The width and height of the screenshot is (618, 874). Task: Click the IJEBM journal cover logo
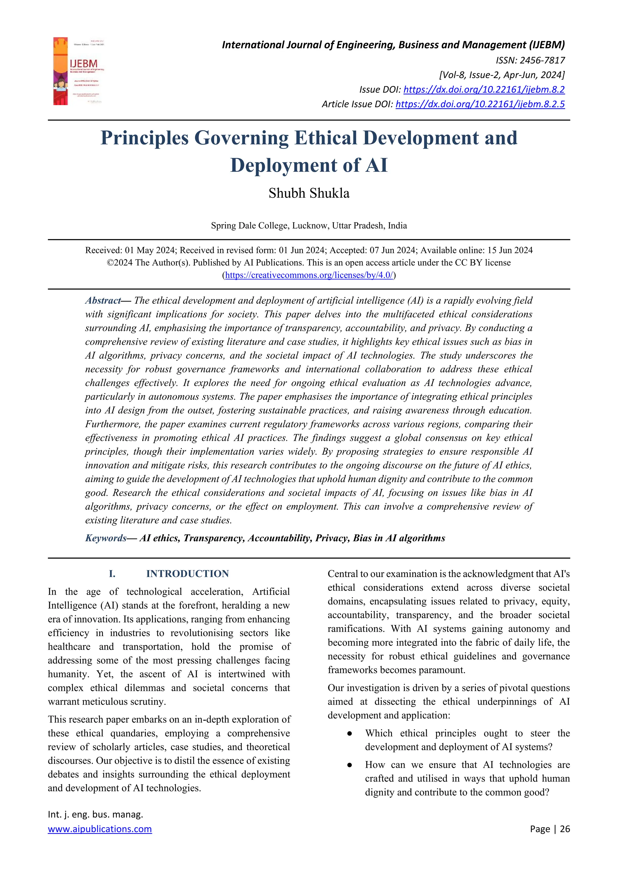click(x=79, y=71)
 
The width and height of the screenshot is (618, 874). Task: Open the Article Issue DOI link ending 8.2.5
click(x=480, y=104)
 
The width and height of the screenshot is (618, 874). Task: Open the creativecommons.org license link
click(x=309, y=275)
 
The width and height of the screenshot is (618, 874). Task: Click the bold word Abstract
click(x=102, y=300)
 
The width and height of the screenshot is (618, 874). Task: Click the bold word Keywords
click(x=105, y=538)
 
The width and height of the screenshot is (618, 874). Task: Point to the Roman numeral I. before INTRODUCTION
click(x=112, y=574)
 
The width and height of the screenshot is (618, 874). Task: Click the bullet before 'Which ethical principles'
click(x=349, y=734)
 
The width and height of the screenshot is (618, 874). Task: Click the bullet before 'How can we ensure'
click(x=349, y=765)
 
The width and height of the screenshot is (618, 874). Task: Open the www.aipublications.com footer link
click(x=100, y=829)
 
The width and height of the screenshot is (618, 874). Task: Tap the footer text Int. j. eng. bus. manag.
click(x=95, y=814)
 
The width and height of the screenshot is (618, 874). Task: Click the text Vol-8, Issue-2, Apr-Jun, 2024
click(x=502, y=75)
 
